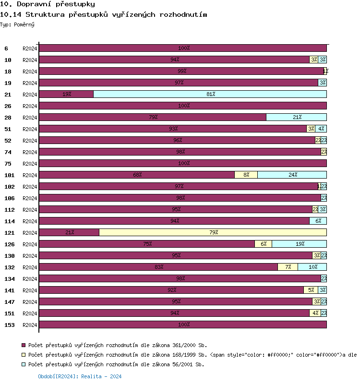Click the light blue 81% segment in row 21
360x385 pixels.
(210, 94)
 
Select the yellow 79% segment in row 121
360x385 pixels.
(213, 232)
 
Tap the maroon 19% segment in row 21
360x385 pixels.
(66, 94)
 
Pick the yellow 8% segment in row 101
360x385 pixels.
(246, 175)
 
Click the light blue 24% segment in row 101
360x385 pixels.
(292, 175)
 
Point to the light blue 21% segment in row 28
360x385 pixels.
(296, 117)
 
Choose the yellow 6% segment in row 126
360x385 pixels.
(263, 244)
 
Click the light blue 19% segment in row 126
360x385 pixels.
(299, 244)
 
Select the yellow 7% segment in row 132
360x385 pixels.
(288, 267)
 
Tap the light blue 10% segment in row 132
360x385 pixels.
(312, 267)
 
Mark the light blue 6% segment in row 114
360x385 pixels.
(318, 221)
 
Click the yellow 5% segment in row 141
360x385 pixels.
(311, 290)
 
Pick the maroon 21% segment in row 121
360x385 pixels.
(69, 232)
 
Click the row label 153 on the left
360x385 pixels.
(10, 325)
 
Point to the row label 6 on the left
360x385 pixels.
(6, 48)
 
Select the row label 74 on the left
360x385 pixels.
(8, 152)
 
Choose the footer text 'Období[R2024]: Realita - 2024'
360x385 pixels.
(80, 377)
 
